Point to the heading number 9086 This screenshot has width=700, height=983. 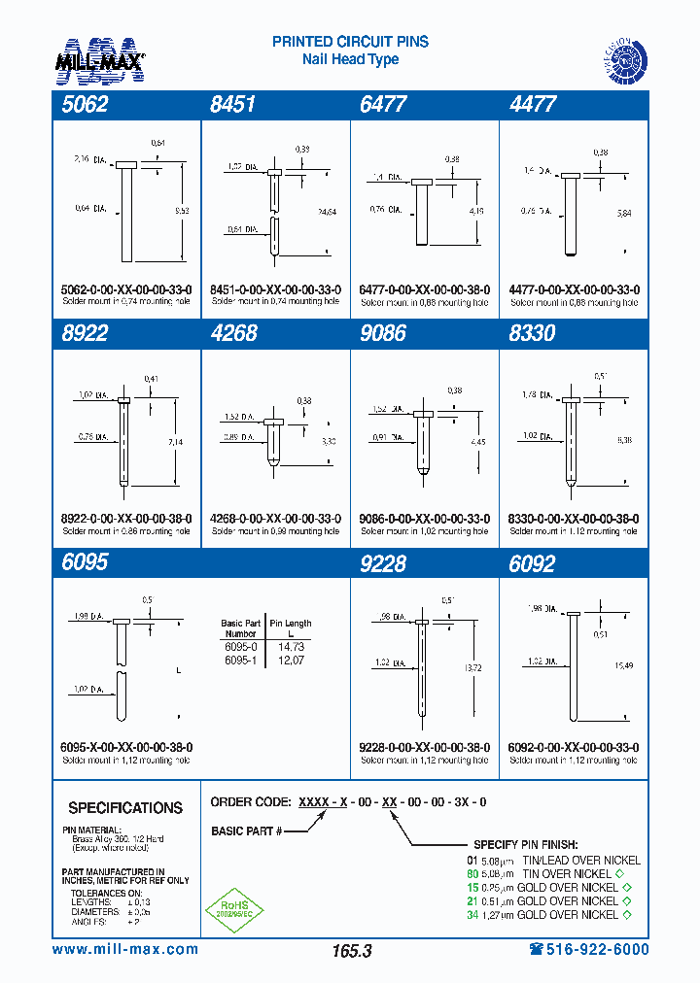383,333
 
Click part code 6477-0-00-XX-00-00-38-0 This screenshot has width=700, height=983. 425,289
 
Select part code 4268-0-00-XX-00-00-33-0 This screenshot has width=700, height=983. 275,519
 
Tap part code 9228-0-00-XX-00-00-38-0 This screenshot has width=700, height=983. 425,747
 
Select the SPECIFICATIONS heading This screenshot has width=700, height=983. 125,808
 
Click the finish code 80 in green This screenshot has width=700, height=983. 473,873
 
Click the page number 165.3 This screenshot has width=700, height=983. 351,952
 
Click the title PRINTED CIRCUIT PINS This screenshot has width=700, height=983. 350,42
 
